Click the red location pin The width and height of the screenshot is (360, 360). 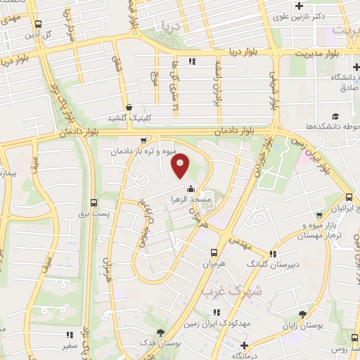[x=181, y=166]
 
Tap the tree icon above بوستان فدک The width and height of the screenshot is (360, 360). [x=161, y=332]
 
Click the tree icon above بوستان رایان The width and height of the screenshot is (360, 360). [x=303, y=314]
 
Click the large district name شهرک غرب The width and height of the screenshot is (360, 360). [x=231, y=289]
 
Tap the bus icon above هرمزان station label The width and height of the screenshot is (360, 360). [x=214, y=252]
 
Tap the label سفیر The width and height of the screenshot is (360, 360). [x=68, y=345]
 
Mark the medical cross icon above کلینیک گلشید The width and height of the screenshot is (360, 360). [x=128, y=107]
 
